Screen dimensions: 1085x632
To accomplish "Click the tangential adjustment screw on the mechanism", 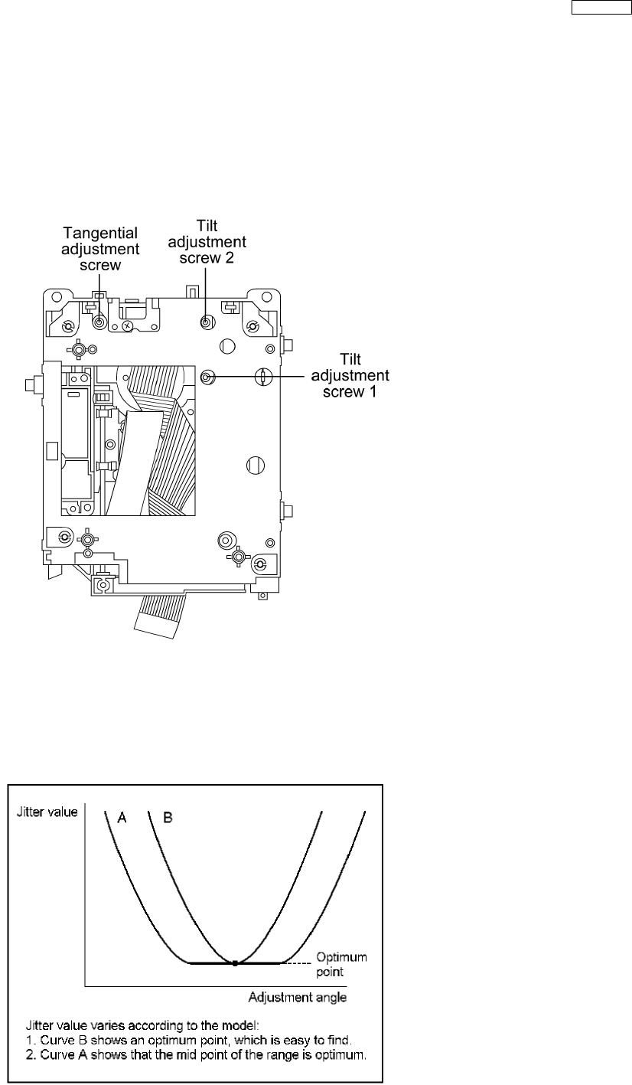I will (99, 322).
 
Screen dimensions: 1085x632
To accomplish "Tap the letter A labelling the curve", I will (122, 819).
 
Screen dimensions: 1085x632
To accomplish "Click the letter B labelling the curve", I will (168, 819).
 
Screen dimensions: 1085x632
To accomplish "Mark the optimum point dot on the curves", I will (235, 962).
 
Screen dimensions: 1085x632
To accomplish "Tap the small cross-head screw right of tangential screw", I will (127, 325).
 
